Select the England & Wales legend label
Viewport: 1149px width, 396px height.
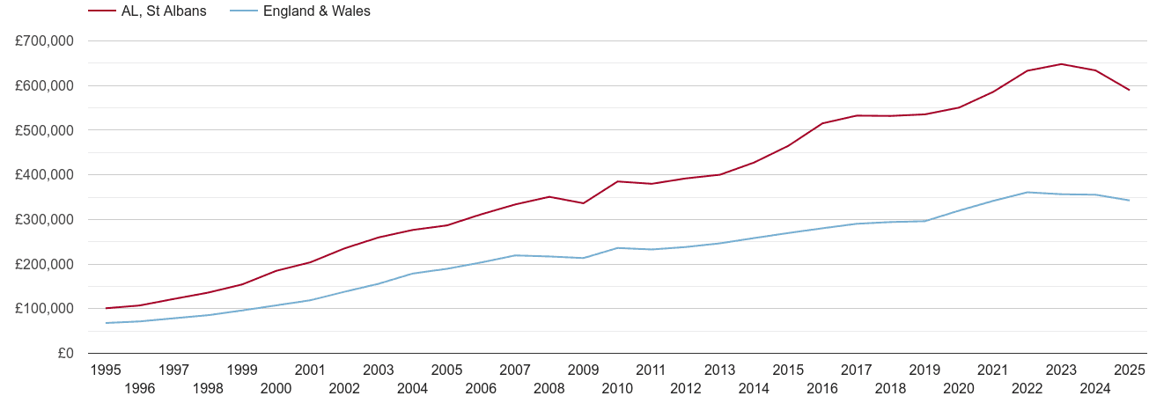coord(317,11)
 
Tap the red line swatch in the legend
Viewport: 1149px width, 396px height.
coord(101,11)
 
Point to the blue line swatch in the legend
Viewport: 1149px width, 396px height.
coord(243,11)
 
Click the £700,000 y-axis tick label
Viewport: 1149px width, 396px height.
coord(44,41)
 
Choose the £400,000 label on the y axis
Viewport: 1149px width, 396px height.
coord(44,175)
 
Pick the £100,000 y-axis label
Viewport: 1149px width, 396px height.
coord(44,309)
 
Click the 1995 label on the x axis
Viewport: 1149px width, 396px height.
coord(106,370)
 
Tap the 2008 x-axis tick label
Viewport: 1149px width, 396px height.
coord(549,388)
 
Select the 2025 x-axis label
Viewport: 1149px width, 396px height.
coord(1130,370)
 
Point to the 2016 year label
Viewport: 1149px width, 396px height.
coord(822,388)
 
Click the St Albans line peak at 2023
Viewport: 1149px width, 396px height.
coord(1062,63)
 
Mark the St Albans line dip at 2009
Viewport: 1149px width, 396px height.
coord(584,203)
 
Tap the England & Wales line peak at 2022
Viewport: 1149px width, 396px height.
coord(1027,192)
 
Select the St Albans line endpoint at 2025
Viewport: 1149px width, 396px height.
coord(1130,90)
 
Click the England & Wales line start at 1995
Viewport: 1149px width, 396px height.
coord(106,323)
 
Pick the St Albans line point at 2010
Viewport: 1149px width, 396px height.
coord(618,181)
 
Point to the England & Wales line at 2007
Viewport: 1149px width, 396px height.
coord(515,255)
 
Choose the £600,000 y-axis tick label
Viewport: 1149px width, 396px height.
coord(44,86)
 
